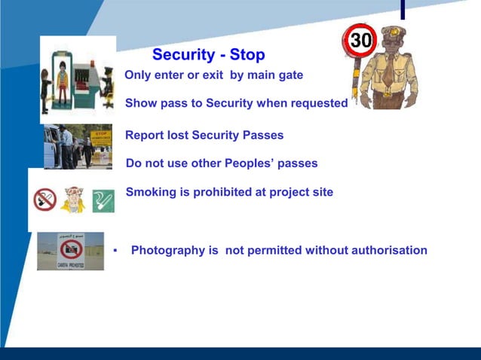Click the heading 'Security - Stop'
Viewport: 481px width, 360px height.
[208, 55]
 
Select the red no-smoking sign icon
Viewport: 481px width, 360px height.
[45, 200]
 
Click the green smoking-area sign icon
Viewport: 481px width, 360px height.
[103, 200]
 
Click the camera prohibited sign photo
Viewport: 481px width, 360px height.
[70, 252]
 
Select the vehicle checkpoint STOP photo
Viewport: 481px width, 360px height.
[78, 146]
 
